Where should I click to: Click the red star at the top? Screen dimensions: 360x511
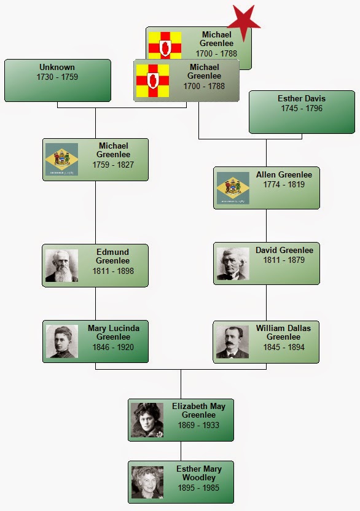pos(244,23)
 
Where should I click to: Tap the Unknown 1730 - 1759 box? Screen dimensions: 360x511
pos(58,80)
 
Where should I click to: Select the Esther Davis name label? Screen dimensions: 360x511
pos(302,98)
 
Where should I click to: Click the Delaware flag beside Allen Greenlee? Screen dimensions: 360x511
pos(233,188)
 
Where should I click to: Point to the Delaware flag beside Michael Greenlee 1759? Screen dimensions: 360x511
pos(61,159)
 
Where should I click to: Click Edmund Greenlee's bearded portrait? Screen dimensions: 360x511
pos(61,265)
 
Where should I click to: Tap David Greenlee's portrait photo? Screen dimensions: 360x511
pos(233,263)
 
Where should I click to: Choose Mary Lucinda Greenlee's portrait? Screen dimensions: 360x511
pos(62,341)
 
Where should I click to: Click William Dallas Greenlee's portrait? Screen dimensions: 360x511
pos(232,342)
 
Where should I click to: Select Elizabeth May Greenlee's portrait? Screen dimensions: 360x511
pos(147,420)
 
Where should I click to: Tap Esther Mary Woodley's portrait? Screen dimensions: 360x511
pos(147,482)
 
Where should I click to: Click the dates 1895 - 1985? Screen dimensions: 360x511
pos(198,488)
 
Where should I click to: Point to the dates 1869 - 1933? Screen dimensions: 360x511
pos(198,425)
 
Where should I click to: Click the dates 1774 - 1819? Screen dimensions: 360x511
pos(284,184)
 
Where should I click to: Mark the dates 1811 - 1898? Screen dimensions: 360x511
pos(113,271)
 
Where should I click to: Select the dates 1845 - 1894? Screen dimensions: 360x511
pos(284,348)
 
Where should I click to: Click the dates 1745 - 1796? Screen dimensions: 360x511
pos(302,109)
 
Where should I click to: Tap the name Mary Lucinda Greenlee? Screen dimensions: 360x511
pos(114,332)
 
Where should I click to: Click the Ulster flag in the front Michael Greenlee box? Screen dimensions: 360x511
pos(152,80)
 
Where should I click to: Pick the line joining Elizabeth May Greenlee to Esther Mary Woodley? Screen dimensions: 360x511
pos(181,451)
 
